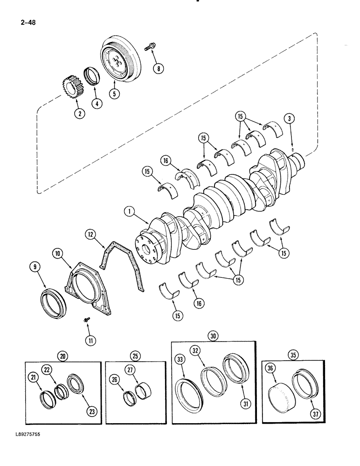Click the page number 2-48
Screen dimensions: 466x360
tap(28, 21)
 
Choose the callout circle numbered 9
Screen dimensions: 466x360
tap(36, 267)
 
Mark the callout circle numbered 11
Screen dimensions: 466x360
tap(90, 340)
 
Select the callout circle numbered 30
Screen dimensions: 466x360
tap(214, 336)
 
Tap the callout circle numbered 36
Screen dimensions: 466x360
tap(270, 368)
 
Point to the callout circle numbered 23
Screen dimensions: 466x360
tap(91, 411)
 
